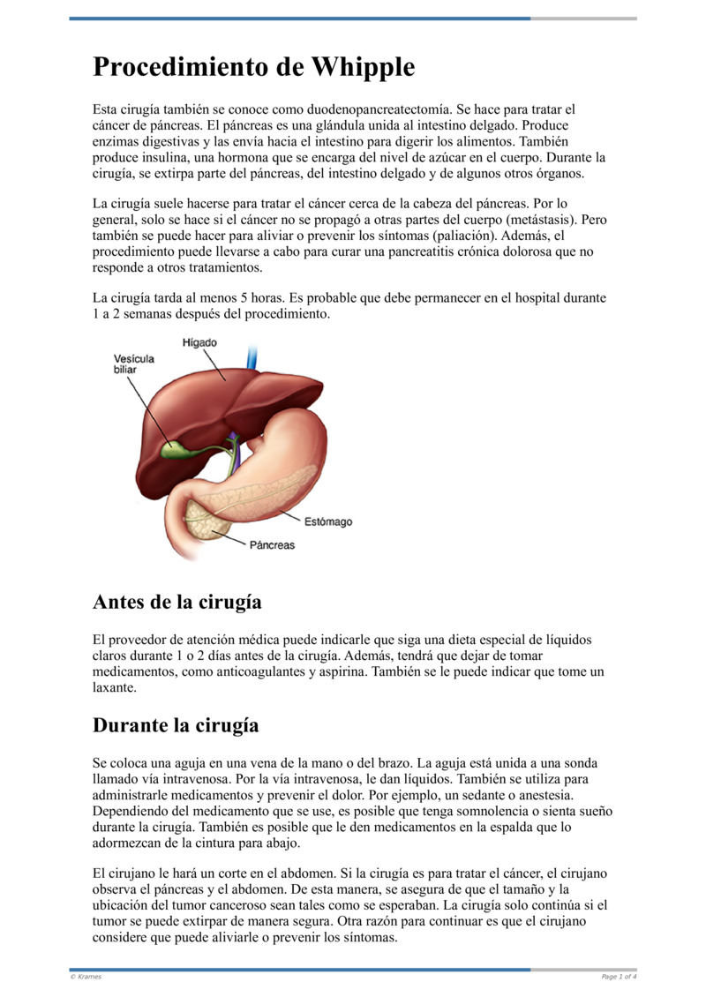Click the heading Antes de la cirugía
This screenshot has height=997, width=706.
(176, 603)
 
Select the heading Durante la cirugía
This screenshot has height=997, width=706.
(176, 725)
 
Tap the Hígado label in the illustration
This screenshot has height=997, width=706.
(199, 342)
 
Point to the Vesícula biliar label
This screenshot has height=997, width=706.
(133, 364)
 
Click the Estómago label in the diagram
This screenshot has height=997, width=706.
(328, 521)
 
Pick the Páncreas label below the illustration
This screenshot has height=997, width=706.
(272, 545)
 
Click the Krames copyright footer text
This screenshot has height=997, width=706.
(86, 977)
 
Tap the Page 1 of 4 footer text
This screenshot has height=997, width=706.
(619, 977)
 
